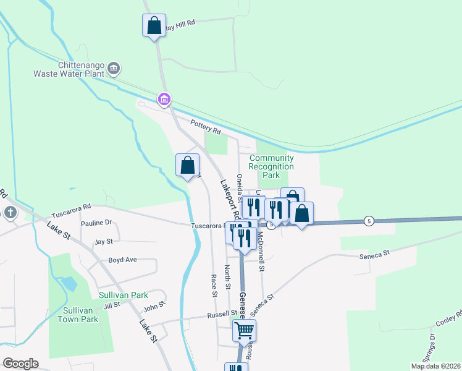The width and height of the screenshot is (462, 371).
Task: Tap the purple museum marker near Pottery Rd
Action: click(164, 99)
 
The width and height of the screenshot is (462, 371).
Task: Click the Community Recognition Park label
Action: click(271, 166)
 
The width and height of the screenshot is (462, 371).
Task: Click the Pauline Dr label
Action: click(96, 223)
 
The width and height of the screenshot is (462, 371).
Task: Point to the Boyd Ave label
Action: click(122, 260)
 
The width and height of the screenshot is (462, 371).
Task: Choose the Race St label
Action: click(214, 286)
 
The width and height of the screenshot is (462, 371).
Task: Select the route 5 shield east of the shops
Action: click(369, 221)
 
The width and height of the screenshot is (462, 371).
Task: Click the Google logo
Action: click(20, 364)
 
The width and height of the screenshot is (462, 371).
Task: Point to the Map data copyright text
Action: click(436, 366)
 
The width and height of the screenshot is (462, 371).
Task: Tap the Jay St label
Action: click(104, 242)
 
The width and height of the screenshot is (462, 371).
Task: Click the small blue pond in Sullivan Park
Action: click(70, 284)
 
